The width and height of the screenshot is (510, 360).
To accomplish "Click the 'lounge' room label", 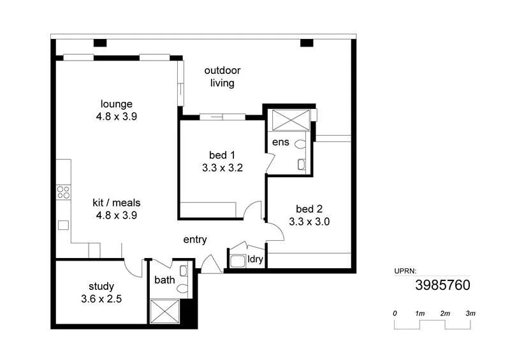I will [x=116, y=104].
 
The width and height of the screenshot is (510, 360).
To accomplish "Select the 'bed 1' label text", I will [x=222, y=155].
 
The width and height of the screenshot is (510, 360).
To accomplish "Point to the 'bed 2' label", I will [x=309, y=209].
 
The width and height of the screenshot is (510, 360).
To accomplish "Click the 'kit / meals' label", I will [x=116, y=203].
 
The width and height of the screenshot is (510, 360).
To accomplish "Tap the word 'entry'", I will [x=194, y=240].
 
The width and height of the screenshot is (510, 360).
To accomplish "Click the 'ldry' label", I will [x=255, y=259].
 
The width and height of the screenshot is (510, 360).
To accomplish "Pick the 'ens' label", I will [x=280, y=142].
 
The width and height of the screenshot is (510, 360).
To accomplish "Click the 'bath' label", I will [x=164, y=280].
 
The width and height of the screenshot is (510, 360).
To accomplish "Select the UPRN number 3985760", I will [x=443, y=285].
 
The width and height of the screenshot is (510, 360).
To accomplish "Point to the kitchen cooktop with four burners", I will [x=62, y=191].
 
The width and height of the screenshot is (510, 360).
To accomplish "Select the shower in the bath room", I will [x=165, y=311].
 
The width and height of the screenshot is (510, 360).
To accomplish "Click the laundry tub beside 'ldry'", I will [x=238, y=261].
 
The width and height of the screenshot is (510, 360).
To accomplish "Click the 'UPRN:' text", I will [x=405, y=271].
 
